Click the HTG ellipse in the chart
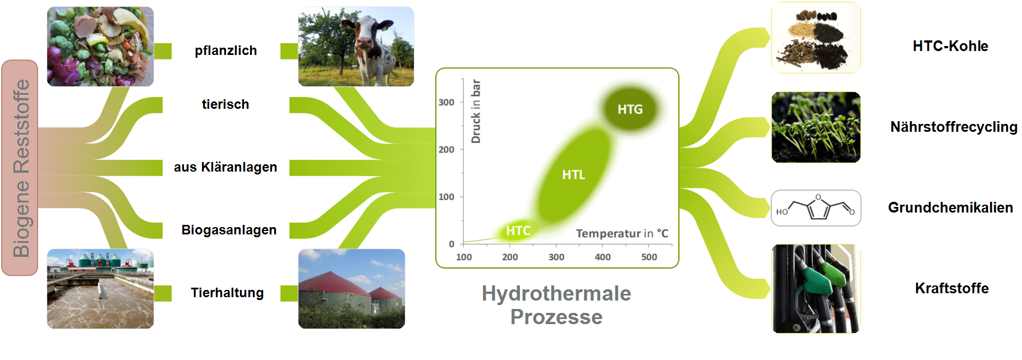(630, 109)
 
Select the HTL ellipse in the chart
(573, 175)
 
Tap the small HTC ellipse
(518, 230)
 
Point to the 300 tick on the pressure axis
(446, 103)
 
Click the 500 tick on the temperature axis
(649, 257)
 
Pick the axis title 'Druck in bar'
(476, 111)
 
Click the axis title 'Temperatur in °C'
(622, 233)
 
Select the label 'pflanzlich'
(225, 50)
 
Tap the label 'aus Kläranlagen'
(225, 167)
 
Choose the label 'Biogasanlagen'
(229, 230)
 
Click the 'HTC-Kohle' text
(950, 46)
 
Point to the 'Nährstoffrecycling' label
(954, 127)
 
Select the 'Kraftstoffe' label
(952, 288)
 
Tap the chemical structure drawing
(816, 208)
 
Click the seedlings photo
(816, 127)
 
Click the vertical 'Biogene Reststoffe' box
(20, 168)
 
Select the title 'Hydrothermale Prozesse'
(556, 305)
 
